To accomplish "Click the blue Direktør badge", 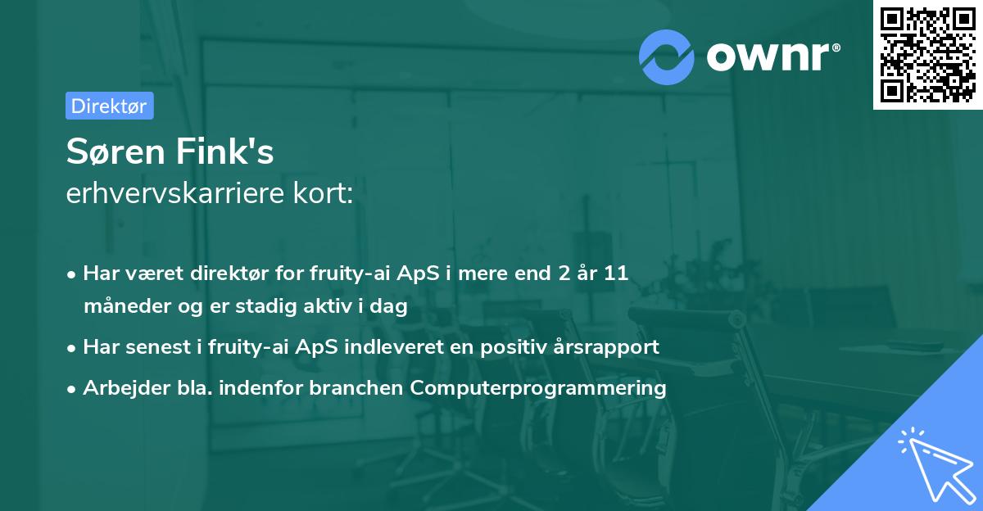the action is pyautogui.click(x=110, y=106).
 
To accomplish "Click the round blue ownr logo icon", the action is pyautogui.click(x=666, y=57).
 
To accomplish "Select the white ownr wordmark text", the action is pyautogui.click(x=773, y=57).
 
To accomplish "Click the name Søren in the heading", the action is pyautogui.click(x=116, y=151).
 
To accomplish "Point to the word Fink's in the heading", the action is pyautogui.click(x=225, y=151).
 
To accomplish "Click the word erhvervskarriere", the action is pyautogui.click(x=175, y=192).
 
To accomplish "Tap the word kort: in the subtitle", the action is pyautogui.click(x=323, y=192).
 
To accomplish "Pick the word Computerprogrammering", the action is pyautogui.click(x=538, y=388).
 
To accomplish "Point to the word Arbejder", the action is pyautogui.click(x=126, y=388).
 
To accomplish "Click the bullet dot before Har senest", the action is pyautogui.click(x=71, y=349).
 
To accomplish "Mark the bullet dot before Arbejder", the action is pyautogui.click(x=71, y=390).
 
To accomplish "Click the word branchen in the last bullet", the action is pyautogui.click(x=356, y=387).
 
